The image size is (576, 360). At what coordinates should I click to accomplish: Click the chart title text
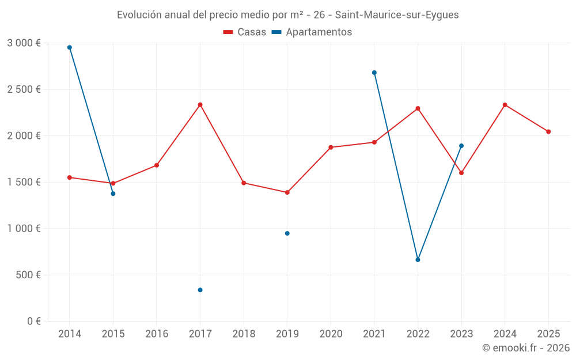[x=287, y=15]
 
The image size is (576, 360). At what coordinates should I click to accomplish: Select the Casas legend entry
[x=245, y=32]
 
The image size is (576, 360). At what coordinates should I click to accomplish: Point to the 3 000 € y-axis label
[x=24, y=43]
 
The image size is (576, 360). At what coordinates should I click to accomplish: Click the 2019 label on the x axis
[x=287, y=334]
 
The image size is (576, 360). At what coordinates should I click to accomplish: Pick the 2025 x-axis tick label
[x=548, y=334]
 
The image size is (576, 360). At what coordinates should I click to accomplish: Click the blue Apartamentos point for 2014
[x=70, y=47]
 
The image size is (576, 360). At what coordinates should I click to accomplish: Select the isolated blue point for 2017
[x=200, y=290]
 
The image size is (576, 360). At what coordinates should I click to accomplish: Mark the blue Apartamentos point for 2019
[x=287, y=233]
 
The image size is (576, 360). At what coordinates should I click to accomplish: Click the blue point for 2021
[x=374, y=73]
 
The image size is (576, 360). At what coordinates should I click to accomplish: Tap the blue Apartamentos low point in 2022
[x=418, y=260]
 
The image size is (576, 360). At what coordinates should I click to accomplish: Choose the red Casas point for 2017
[x=200, y=105]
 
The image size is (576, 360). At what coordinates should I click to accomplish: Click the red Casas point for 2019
[x=287, y=192]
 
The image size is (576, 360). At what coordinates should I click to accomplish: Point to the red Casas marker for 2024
[x=505, y=105]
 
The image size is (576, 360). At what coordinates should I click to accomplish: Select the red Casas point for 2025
[x=548, y=132]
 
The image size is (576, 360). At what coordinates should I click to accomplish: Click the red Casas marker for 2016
[x=157, y=165]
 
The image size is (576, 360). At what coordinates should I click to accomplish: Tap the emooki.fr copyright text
[x=525, y=348]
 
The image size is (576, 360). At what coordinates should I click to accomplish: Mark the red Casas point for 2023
[x=461, y=173]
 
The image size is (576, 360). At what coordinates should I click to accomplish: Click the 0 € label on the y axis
[x=33, y=321]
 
